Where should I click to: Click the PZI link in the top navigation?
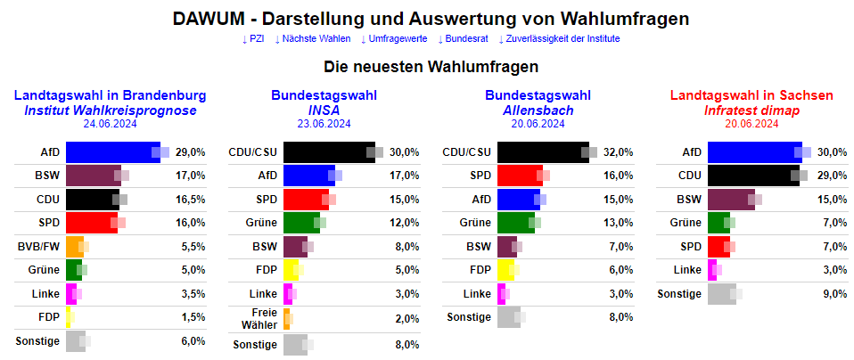pyautogui.click(x=254, y=38)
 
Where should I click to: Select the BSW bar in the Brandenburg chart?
pyautogui.click(x=93, y=176)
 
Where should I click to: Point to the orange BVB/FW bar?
pyautogui.click(x=74, y=246)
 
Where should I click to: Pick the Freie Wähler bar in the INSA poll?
pyautogui.click(x=286, y=318)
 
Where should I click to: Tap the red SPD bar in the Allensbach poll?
pyautogui.click(x=519, y=176)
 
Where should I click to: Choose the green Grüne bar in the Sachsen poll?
pyautogui.click(x=718, y=222)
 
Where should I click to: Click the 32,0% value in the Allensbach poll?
pyautogui.click(x=619, y=152)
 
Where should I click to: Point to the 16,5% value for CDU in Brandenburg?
pyautogui.click(x=191, y=199)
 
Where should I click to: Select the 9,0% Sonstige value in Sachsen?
pyautogui.click(x=833, y=293)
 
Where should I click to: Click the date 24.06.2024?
pyautogui.click(x=110, y=124)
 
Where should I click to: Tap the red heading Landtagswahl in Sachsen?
pyautogui.click(x=751, y=95)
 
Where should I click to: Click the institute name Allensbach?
pyautogui.click(x=538, y=110)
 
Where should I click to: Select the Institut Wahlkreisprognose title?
pyautogui.click(x=110, y=110)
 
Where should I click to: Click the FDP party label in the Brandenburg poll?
pyautogui.click(x=49, y=316)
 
